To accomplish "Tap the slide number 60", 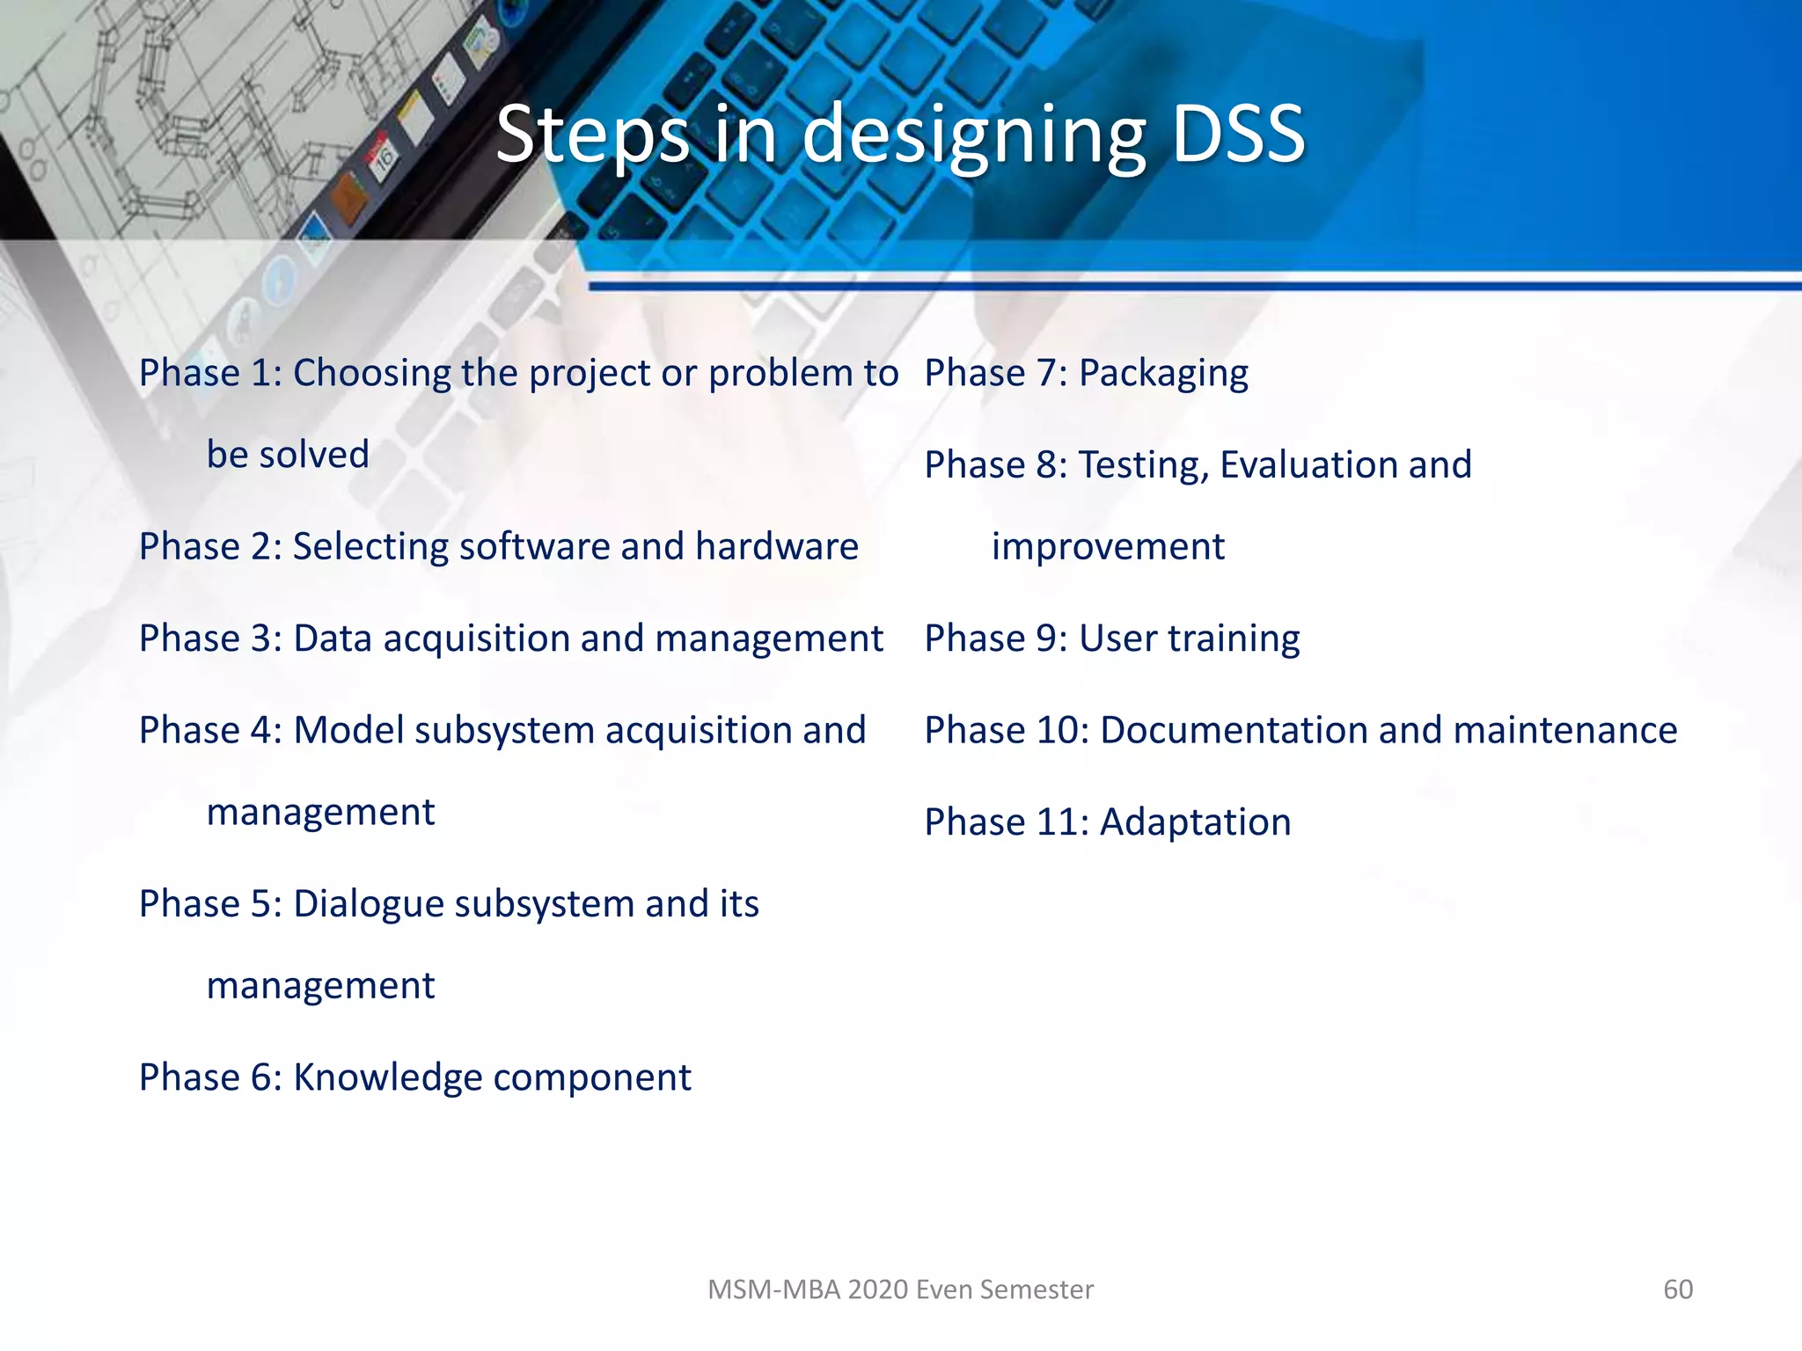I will [x=1677, y=1289].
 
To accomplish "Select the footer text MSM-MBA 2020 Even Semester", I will [x=900, y=1289].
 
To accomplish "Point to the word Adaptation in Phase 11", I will [x=1195, y=822].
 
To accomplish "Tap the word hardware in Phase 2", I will [x=776, y=546].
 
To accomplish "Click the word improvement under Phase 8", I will [x=1108, y=547].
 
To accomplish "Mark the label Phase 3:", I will [x=210, y=639].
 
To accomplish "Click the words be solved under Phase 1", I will [x=288, y=455].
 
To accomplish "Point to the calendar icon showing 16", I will [x=385, y=159].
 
